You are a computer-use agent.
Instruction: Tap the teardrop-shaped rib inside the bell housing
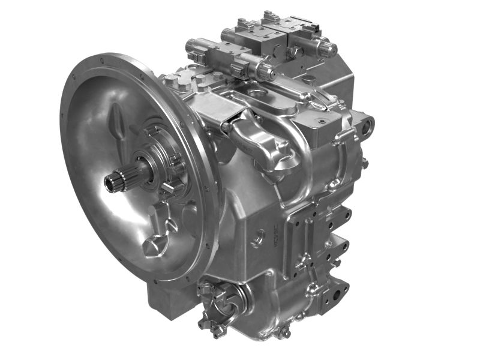click(119, 122)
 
